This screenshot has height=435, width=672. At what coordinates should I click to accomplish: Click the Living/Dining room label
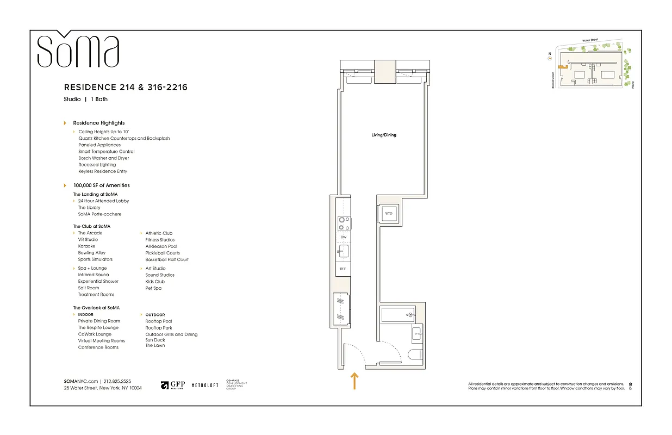point(383,135)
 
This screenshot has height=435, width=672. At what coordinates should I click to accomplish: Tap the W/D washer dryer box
point(389,214)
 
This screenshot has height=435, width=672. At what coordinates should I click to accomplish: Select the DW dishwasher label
point(343,238)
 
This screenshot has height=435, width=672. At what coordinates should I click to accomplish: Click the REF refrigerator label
point(343,269)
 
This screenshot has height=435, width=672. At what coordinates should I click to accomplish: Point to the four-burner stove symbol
point(343,223)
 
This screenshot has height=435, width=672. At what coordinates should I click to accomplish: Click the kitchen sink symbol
point(343,251)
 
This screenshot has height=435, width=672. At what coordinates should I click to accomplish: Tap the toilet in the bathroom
point(415,355)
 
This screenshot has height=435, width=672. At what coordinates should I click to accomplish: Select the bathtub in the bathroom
point(397,314)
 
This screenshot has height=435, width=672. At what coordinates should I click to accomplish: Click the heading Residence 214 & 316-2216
point(126,87)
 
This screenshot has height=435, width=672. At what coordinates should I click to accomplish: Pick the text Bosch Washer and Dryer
point(103,158)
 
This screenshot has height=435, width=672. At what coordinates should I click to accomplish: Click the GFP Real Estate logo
point(173,385)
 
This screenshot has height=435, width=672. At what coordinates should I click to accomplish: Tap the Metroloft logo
point(205,385)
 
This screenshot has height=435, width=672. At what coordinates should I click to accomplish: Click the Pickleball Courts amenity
point(162,253)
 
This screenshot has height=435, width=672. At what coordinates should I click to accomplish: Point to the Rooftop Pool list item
point(158,321)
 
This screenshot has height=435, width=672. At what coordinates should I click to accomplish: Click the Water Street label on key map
point(590,40)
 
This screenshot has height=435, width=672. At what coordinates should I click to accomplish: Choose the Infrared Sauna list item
point(93,275)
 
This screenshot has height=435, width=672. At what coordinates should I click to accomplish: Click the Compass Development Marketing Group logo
point(236,385)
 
